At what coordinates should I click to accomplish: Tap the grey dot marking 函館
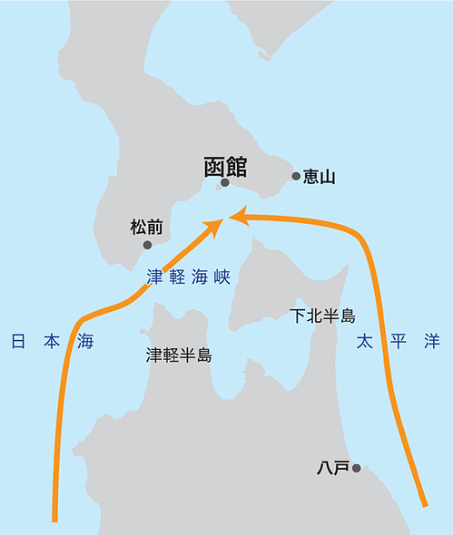coord(224,184)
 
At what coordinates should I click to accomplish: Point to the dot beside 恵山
coord(296,177)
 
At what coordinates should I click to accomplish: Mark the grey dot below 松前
coord(147,245)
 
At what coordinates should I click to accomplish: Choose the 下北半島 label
coord(322,316)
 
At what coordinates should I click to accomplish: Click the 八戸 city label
coord(332,469)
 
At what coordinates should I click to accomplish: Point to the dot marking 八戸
coord(357,468)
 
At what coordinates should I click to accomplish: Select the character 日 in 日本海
coord(17,342)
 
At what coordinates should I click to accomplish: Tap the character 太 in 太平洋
coord(364,342)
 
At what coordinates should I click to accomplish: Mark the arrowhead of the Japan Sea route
coord(217,224)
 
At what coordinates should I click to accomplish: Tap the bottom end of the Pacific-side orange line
coord(423,503)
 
